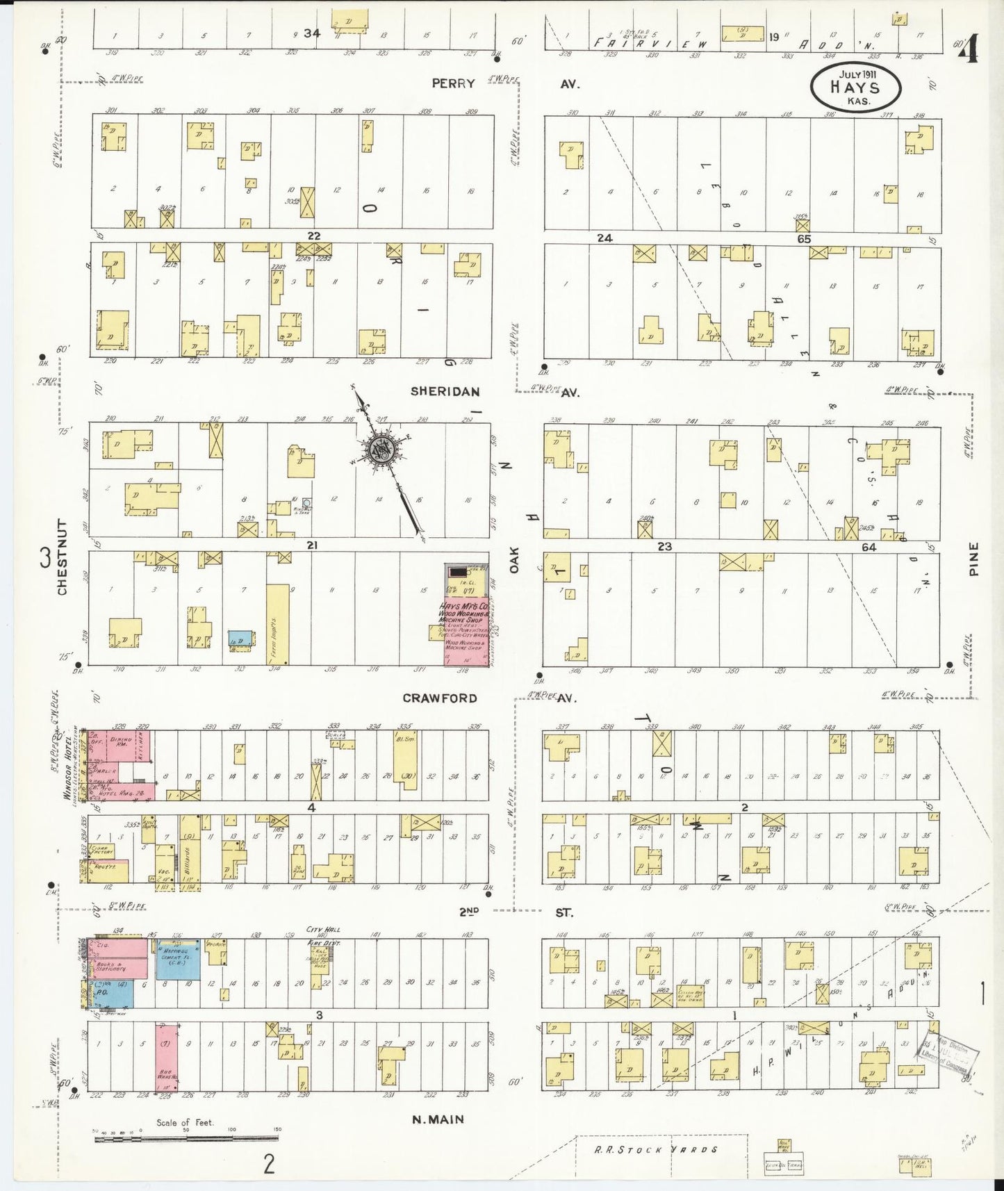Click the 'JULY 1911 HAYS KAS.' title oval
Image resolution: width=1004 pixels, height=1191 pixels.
855,87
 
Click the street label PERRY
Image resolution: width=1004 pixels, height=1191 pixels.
453,83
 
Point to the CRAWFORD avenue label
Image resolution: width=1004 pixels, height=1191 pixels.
440,698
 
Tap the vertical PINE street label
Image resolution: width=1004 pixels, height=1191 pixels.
973,559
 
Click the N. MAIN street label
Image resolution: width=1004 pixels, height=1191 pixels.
438,1119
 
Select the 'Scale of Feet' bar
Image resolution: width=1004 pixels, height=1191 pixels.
186,1138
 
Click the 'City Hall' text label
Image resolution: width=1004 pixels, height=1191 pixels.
324,929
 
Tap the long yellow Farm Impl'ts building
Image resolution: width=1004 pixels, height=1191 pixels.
277,623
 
